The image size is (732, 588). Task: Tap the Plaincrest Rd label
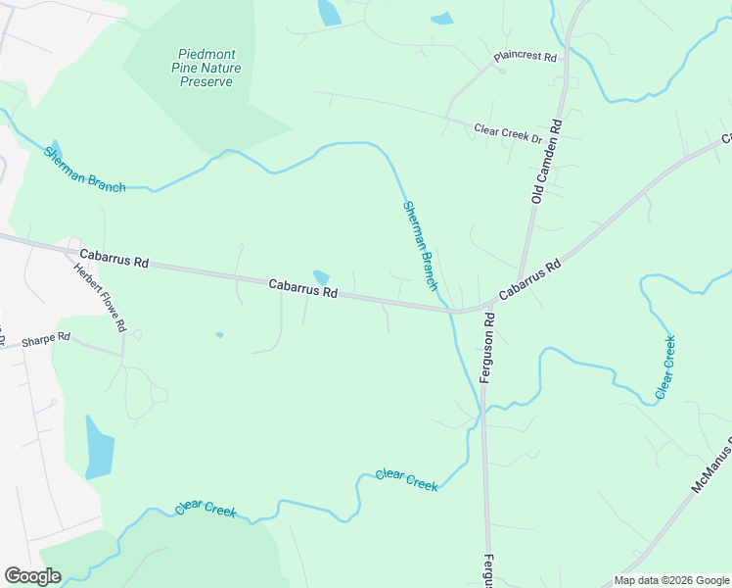[526, 57]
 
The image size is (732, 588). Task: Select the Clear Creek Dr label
[508, 133]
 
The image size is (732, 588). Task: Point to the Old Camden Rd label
[546, 163]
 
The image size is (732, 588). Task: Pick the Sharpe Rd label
[46, 337]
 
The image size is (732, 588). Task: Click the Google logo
[32, 576]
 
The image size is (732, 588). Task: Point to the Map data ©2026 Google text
[672, 580]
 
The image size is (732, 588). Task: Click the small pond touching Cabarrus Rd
[322, 278]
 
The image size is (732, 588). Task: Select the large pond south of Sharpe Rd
[99, 447]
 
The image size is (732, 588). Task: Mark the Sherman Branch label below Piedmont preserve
[84, 170]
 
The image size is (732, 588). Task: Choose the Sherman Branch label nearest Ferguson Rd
[419, 246]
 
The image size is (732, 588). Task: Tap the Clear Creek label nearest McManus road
[664, 367]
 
